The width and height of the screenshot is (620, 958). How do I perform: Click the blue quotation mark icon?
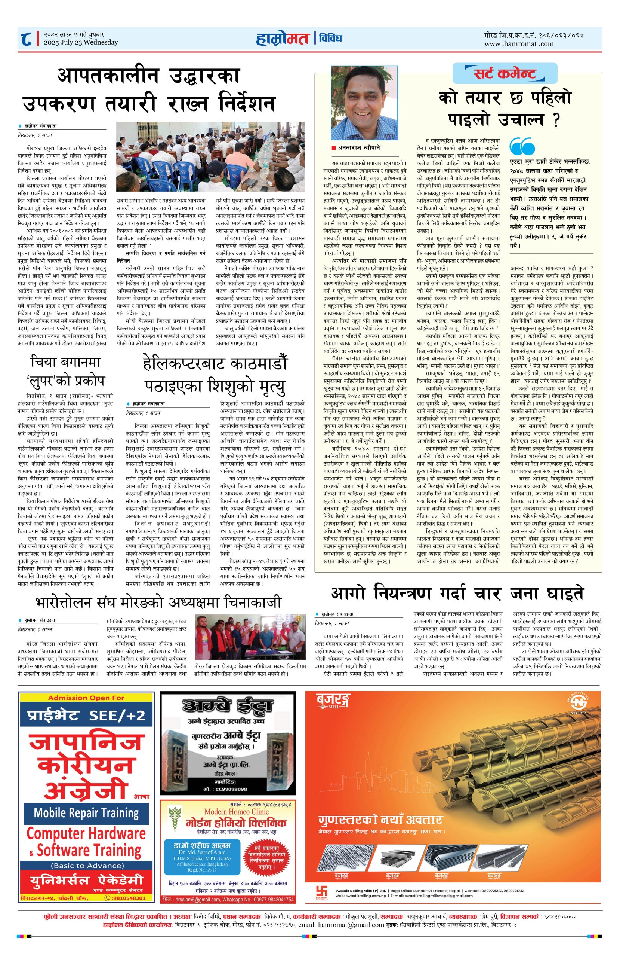(x=522, y=147)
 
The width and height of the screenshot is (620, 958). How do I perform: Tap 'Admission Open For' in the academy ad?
(x=86, y=698)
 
